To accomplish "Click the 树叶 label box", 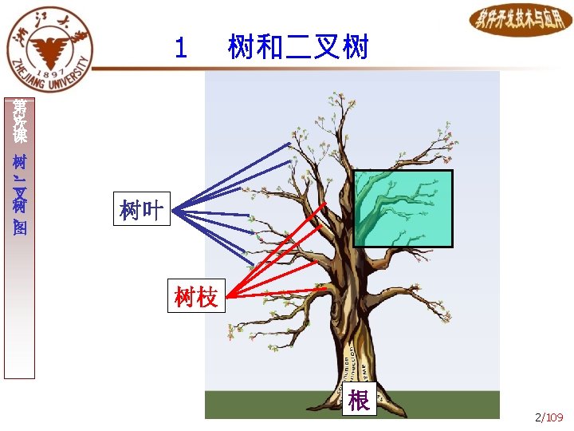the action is point(142,211).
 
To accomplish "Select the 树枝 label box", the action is point(196,298).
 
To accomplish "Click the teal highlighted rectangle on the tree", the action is point(403,208).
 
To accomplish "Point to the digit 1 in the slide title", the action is point(181,49).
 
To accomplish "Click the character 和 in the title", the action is point(269,48).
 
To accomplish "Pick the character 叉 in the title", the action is point(328,48).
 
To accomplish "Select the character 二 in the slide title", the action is point(298,48).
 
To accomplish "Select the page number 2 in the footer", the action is point(539,417).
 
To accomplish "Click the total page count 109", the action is point(555,417).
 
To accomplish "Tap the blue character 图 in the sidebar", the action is point(19,228).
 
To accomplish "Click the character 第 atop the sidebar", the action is point(19,107).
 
